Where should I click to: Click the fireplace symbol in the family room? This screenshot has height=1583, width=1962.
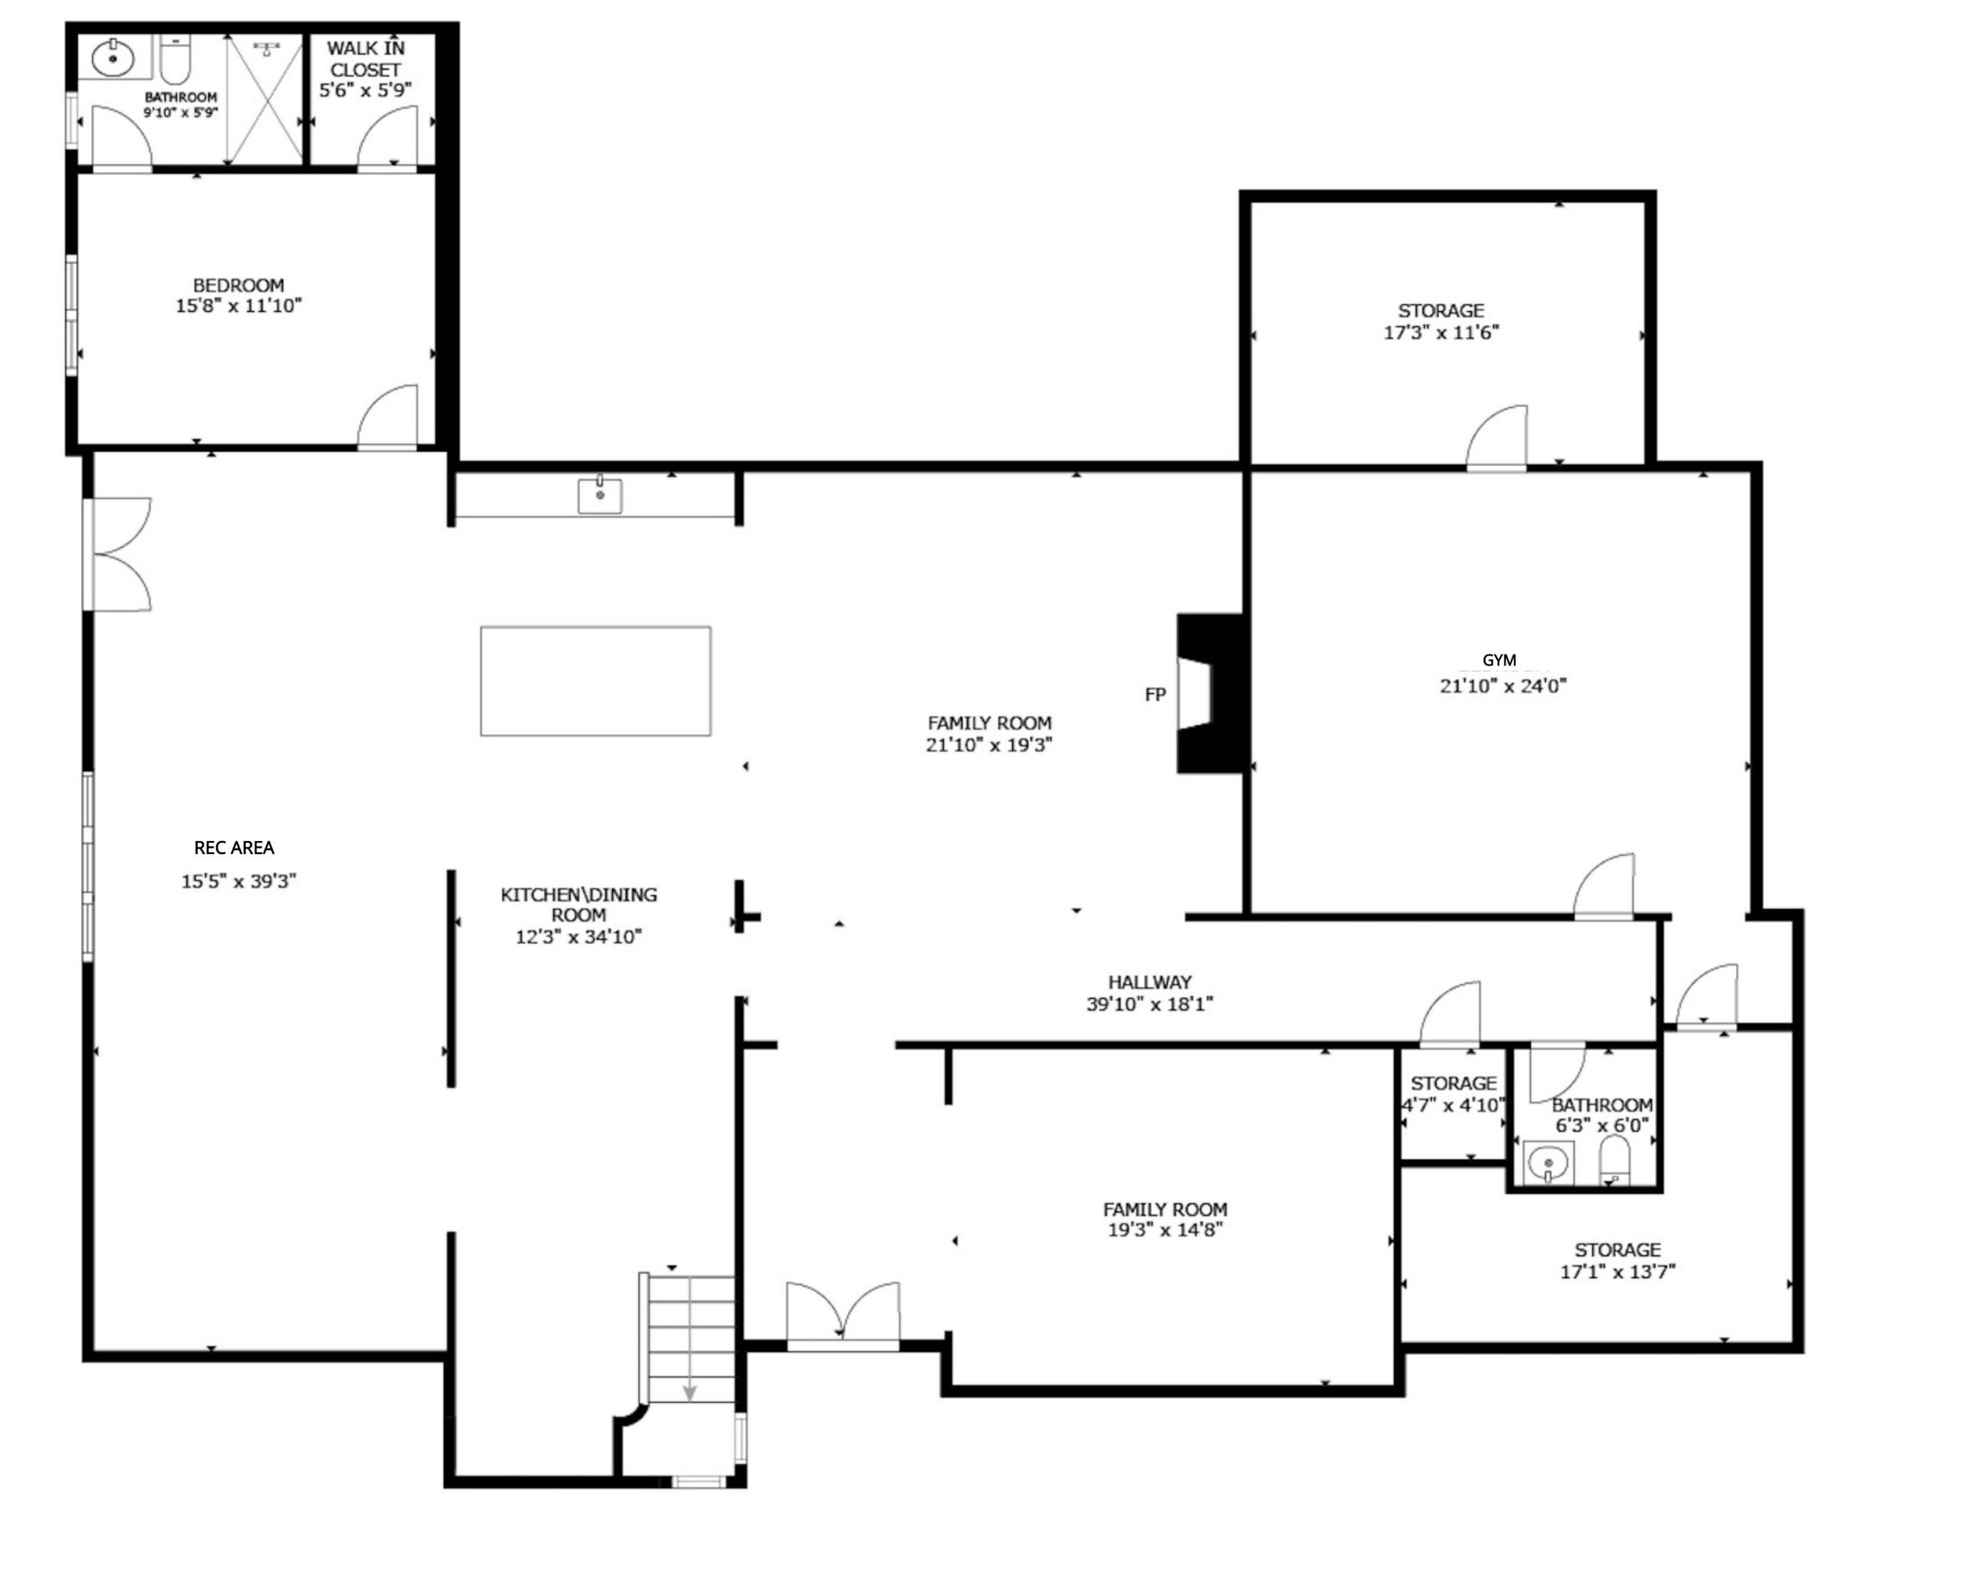click(1211, 693)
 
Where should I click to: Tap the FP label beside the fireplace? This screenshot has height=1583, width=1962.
click(1155, 695)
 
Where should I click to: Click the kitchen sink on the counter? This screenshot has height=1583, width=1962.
click(600, 495)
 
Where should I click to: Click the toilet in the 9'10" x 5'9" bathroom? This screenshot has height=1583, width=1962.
click(174, 58)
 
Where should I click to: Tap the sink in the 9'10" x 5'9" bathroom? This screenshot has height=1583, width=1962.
click(114, 57)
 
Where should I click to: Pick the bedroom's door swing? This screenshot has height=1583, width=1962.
click(388, 417)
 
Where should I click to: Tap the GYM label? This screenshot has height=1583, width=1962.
click(1499, 660)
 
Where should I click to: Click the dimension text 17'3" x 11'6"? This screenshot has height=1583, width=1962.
click(1441, 333)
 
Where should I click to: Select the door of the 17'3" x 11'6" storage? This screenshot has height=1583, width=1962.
click(1496, 438)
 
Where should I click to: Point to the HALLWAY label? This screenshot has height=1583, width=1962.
click(1150, 982)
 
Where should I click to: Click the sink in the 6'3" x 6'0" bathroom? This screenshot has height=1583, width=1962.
click(1548, 1163)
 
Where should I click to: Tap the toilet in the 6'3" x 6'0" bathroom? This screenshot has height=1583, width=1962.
click(1615, 1160)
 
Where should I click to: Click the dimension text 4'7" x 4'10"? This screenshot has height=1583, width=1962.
click(1453, 1105)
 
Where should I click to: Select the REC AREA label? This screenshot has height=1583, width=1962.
click(235, 848)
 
